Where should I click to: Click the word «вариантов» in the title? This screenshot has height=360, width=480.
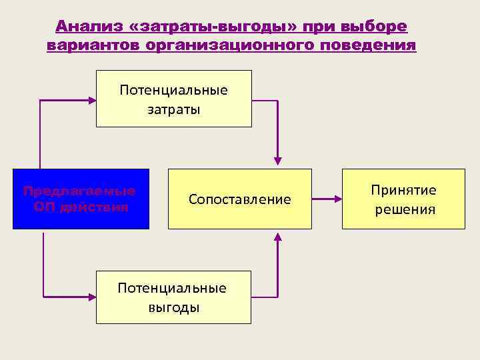click(91, 46)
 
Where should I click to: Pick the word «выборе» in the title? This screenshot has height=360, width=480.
click(373, 27)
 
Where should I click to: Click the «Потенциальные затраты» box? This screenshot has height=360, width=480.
click(174, 99)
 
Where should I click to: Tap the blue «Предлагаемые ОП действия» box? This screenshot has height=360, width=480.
click(81, 199)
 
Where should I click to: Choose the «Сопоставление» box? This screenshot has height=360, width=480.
click(240, 199)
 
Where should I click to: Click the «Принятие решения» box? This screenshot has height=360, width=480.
click(404, 199)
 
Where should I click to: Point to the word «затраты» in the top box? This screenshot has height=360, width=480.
click(174, 109)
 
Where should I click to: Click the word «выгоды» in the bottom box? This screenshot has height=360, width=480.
click(173, 307)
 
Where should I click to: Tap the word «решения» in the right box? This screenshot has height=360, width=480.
click(405, 209)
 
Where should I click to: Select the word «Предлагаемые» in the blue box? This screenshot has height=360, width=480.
click(79, 191)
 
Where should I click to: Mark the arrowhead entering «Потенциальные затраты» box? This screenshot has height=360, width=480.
click(92, 100)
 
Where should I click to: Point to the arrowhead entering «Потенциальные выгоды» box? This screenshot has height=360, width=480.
click(92, 296)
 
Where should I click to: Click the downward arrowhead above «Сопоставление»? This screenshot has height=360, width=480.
click(278, 161)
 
